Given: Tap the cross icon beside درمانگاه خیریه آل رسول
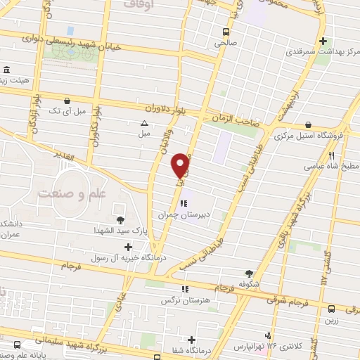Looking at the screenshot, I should (127, 247).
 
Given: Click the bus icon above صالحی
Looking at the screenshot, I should (226, 31).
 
